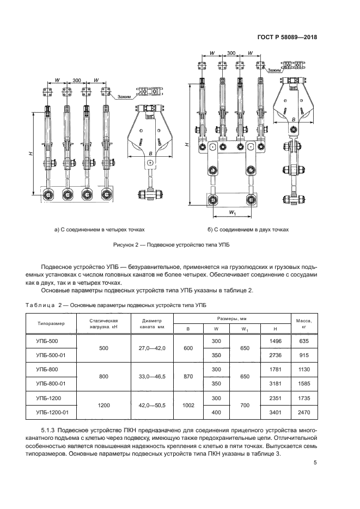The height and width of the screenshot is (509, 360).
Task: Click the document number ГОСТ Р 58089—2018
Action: coord(287,38)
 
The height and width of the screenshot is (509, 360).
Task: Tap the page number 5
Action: coord(315,463)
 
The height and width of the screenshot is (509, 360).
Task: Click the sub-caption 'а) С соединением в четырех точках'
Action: coord(100,229)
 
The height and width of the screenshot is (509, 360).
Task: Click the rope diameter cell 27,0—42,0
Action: coord(152,348)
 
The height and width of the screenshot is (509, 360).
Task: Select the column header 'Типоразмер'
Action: coord(51,323)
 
